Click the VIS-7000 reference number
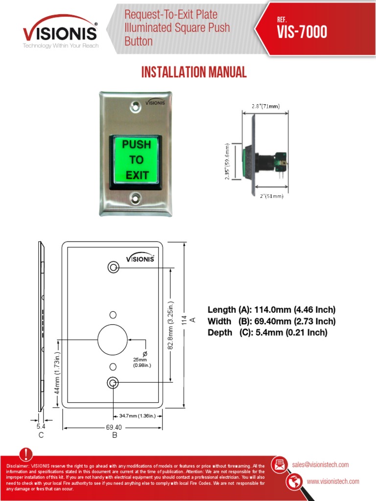[x=302, y=32]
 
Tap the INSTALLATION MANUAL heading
[x=194, y=72]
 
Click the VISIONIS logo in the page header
[x=60, y=31]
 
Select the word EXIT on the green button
[x=137, y=175]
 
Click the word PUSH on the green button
[x=137, y=144]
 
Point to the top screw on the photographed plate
[x=136, y=107]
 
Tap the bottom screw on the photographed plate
[x=136, y=198]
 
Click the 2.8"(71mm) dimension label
[x=266, y=106]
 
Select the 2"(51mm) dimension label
[x=271, y=196]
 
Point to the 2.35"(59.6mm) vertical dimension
[x=227, y=161]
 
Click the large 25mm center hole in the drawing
[x=113, y=340]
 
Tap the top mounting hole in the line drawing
[x=113, y=267]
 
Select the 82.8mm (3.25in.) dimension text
[x=171, y=325]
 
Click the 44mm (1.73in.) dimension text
[x=57, y=373]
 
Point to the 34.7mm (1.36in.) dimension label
[x=138, y=416]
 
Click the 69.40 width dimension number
[x=114, y=427]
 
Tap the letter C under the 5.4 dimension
[x=41, y=435]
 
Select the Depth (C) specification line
[x=268, y=333]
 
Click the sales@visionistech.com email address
[x=320, y=465]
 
